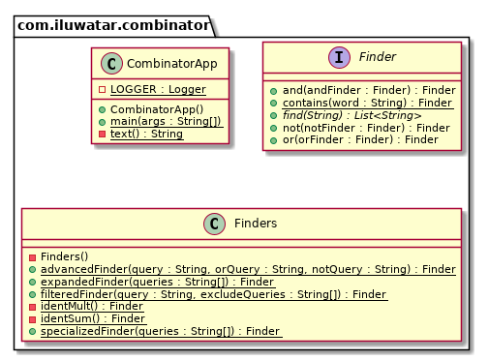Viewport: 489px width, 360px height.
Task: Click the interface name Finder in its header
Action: pos(377,57)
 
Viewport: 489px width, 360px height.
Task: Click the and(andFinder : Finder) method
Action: pos(369,90)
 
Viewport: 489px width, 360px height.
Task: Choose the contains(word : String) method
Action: pos(368,103)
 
